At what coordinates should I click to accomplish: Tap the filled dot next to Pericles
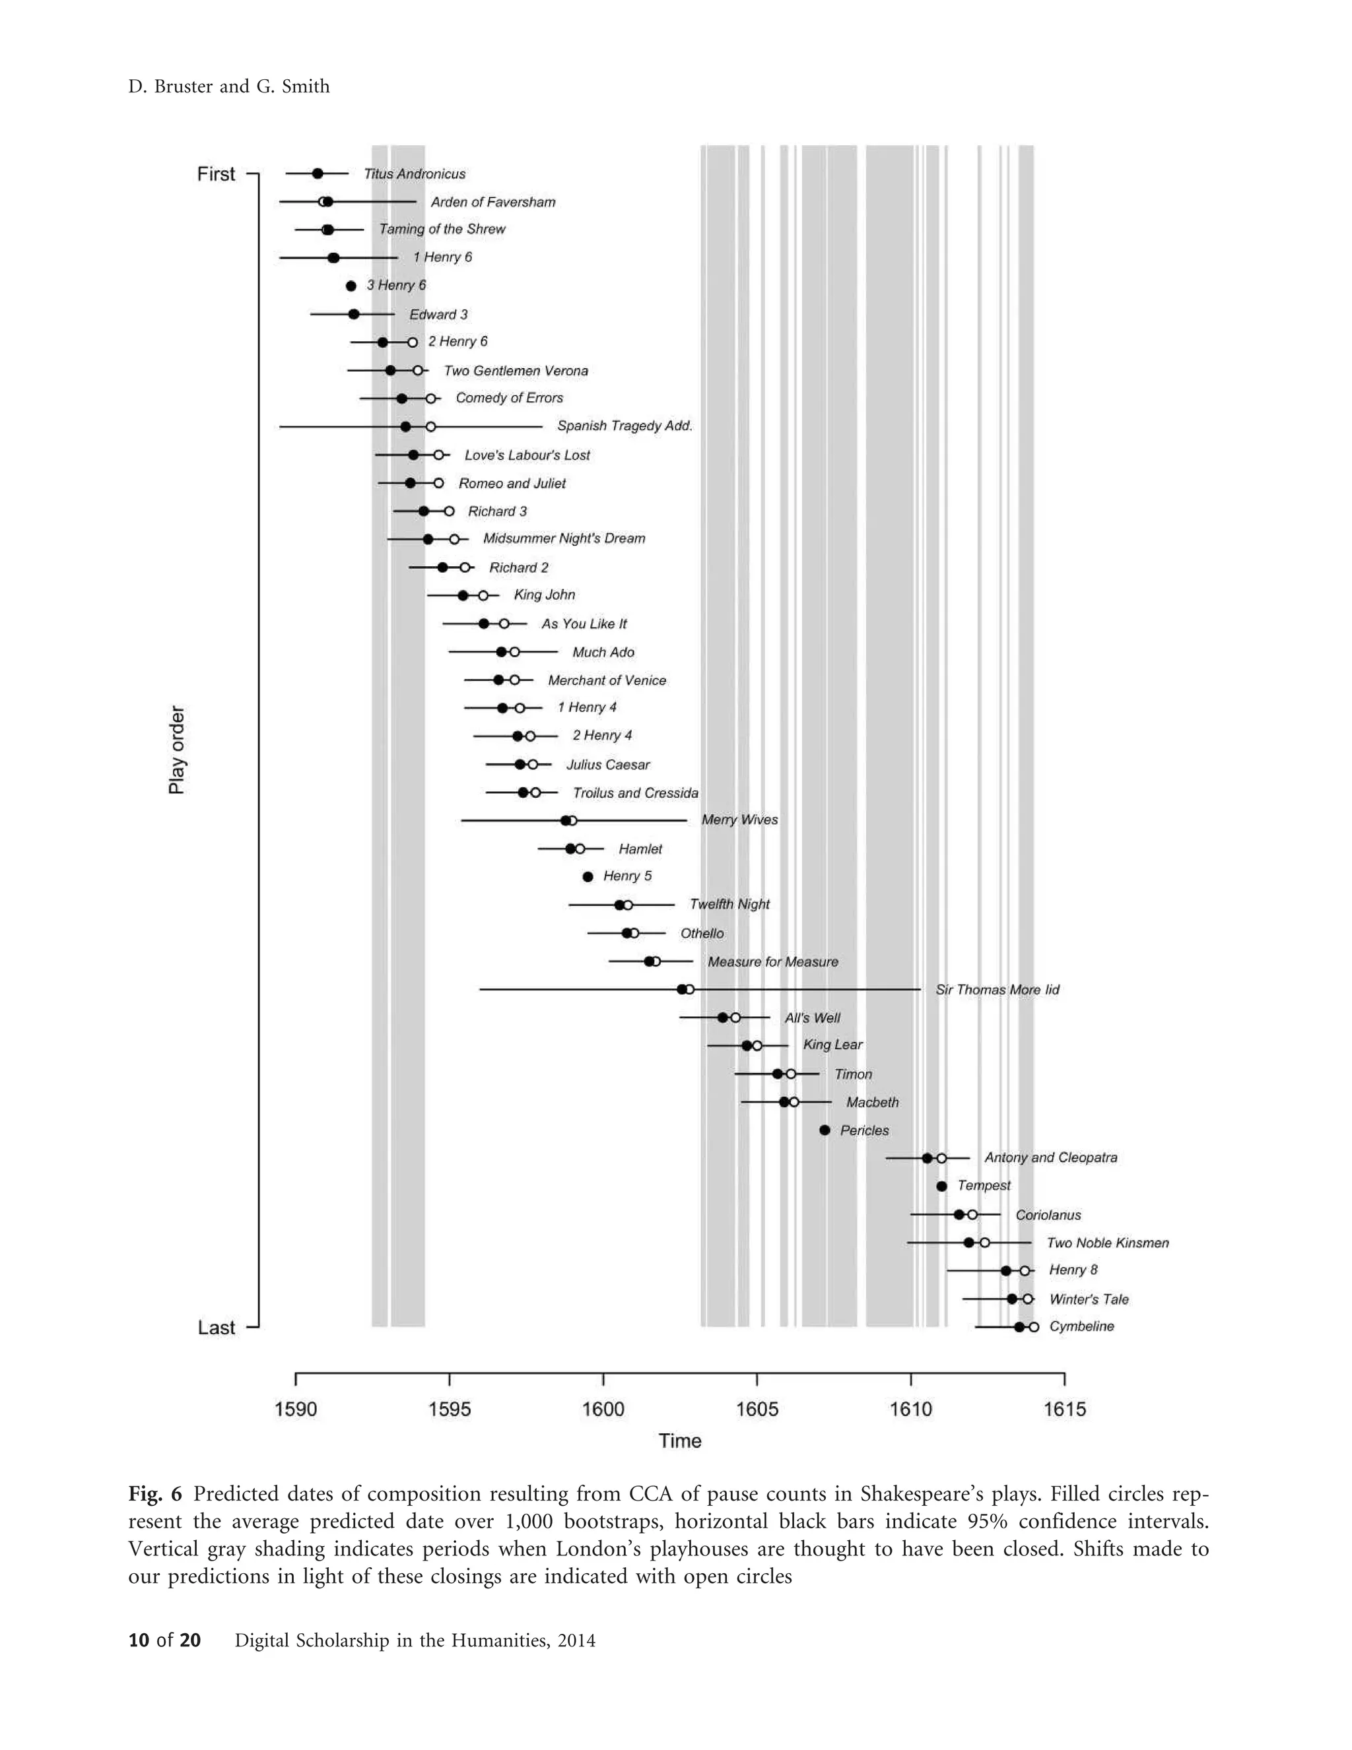pos(825,1130)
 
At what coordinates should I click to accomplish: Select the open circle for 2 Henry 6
pos(413,342)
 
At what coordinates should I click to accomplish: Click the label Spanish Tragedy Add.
pos(625,426)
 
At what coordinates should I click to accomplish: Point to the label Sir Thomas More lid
pos(997,990)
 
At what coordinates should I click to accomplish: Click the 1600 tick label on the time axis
pos(603,1410)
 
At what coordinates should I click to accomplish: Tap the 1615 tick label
pos(1064,1410)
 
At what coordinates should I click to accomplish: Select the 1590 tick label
pos(296,1410)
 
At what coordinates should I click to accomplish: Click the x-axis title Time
pos(679,1441)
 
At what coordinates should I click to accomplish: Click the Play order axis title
pos(176,750)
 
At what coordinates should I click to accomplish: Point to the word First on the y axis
pos(217,174)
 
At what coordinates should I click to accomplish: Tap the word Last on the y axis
pos(217,1328)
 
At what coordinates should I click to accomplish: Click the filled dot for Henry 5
pos(588,876)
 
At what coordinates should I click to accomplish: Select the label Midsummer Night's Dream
pos(563,538)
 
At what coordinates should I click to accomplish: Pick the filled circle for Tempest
pos(941,1186)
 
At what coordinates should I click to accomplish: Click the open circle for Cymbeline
pos(1034,1327)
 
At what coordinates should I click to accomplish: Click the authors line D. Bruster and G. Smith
pos(229,86)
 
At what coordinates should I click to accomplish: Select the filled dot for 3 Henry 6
pos(351,286)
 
